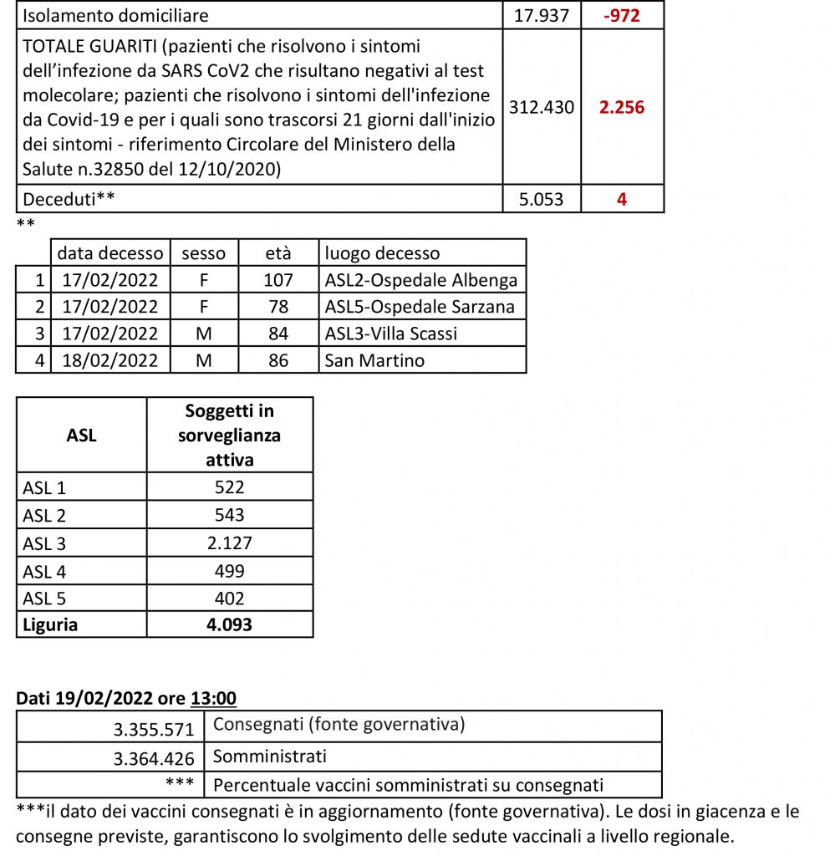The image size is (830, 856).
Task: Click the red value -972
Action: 622,15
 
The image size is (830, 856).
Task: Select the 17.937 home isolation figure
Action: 542,15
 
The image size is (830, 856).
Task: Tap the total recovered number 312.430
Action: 542,107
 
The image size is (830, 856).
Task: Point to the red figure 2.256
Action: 622,107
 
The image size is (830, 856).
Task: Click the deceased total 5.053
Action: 542,199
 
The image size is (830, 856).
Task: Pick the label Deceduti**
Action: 70,199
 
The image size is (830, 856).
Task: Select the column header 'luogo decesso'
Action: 383,252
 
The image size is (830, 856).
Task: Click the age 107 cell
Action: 278,279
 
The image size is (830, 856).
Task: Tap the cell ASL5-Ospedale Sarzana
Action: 420,306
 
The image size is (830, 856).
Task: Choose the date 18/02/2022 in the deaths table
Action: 110,360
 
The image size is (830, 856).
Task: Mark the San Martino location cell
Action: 375,360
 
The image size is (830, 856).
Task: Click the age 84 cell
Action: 278,334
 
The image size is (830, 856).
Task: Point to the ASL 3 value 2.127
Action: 230,543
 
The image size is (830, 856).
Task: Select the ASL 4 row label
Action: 44,570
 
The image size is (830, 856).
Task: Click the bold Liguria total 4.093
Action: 230,624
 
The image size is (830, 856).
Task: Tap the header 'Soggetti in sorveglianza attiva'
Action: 230,435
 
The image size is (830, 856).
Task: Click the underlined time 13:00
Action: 213,697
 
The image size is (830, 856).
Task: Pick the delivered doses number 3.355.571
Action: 154,729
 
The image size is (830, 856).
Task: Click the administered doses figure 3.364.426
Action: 154,758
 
